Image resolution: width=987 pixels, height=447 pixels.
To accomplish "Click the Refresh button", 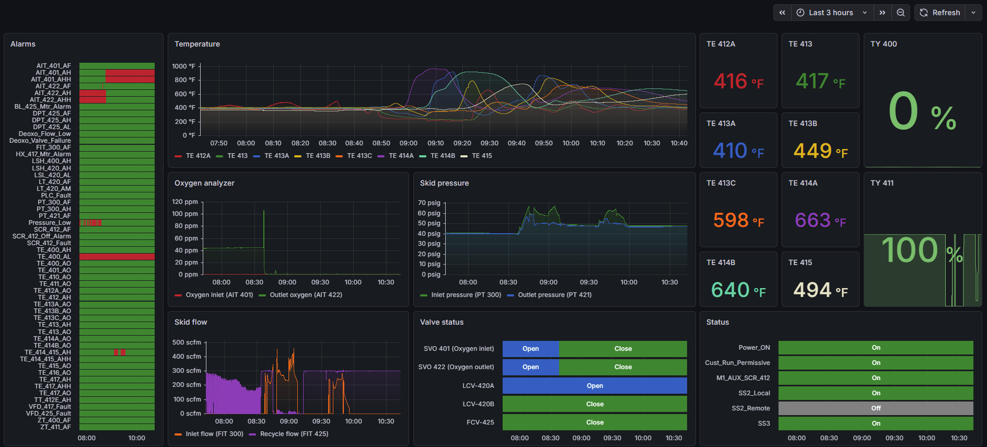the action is [x=940, y=13].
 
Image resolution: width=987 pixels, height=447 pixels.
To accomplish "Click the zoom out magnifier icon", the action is [x=901, y=13].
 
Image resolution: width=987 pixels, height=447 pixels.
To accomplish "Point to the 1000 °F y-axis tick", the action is [x=183, y=66].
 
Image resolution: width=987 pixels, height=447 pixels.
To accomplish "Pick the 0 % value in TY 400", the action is [x=922, y=112].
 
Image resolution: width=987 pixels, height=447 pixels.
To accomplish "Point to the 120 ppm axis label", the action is [x=185, y=202].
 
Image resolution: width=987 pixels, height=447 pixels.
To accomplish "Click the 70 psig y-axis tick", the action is [x=429, y=203].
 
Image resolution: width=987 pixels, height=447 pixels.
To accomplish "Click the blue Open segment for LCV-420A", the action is [x=595, y=386].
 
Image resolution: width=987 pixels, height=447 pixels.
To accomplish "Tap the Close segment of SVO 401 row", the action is [x=623, y=349].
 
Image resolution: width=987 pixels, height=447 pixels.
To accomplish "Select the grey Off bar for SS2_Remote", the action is [x=876, y=408].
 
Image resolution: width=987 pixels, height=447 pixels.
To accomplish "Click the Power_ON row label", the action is [x=754, y=348].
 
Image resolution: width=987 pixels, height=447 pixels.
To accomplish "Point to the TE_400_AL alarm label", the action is [x=54, y=257].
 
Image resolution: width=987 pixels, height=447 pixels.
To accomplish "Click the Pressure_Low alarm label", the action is [x=50, y=223].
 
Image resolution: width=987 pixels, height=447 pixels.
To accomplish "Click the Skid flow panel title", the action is [x=191, y=322].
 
